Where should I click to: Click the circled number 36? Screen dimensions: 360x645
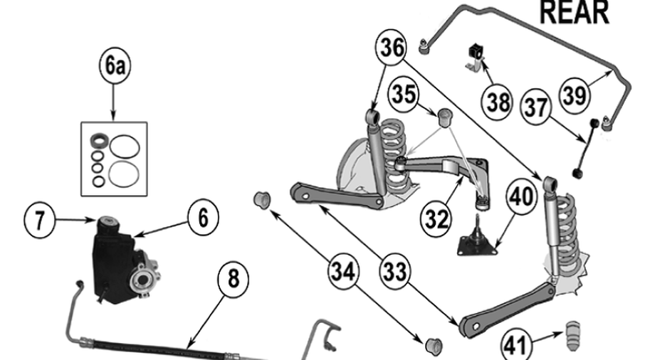[x=391, y=48]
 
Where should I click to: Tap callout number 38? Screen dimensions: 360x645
[x=498, y=102]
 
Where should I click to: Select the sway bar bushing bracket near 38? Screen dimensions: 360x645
[x=475, y=57]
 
